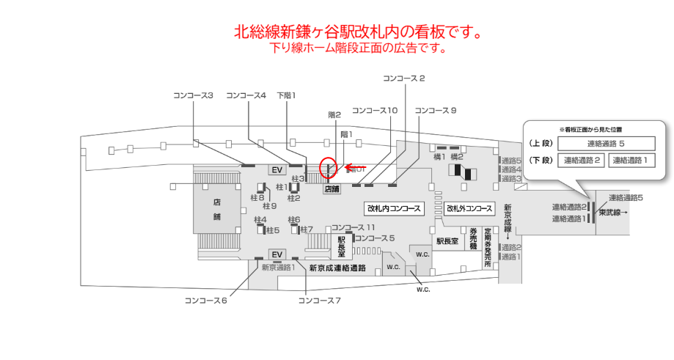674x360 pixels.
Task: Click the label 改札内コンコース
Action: tap(395, 209)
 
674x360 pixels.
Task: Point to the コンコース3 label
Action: tap(193, 95)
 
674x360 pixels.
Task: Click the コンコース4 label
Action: tap(246, 95)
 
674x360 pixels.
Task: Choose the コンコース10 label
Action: tap(375, 111)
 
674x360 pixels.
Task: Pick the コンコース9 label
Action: tap(436, 111)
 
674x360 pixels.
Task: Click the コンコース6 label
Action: tap(206, 301)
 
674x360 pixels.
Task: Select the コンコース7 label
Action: tap(320, 301)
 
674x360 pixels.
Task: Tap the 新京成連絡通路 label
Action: tap(337, 268)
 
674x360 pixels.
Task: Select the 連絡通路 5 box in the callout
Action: tap(606, 144)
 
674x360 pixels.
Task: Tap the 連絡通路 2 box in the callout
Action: tap(581, 161)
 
